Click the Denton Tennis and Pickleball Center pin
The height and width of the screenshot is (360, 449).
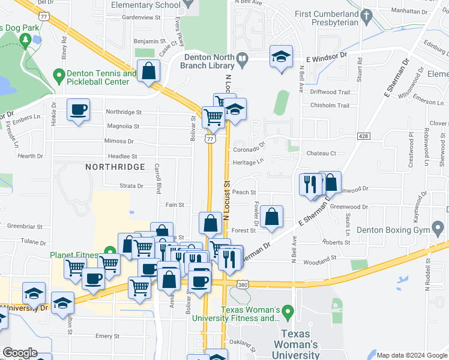pos(59,77)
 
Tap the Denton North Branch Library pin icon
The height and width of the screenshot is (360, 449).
pos(243,59)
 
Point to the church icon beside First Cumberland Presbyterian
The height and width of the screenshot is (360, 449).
pos(366,14)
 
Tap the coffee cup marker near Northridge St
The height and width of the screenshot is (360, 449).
pos(78,110)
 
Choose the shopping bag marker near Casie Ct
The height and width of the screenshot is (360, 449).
pos(148,71)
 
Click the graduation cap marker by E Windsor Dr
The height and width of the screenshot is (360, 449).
pos(280,56)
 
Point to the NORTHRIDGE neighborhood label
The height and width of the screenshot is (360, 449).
pos(115,166)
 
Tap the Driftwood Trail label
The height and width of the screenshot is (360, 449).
pos(330,92)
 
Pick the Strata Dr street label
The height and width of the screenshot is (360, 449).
pos(131,186)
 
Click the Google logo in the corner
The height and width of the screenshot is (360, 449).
pos(19,353)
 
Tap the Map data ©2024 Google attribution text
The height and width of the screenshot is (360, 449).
pos(411,355)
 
